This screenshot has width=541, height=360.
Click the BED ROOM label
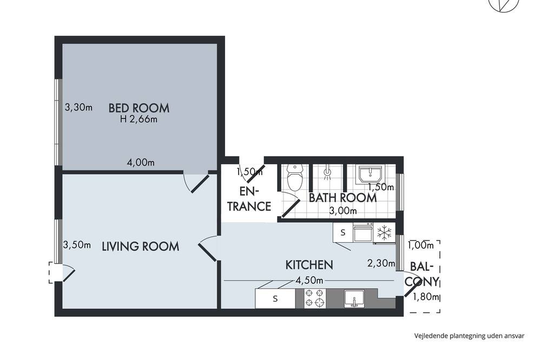[x=138, y=108]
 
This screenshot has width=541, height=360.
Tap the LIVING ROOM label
[x=141, y=246]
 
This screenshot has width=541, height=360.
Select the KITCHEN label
[x=309, y=265]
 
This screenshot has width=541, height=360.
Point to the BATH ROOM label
[x=342, y=198]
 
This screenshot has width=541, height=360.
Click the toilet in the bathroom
[x=295, y=178]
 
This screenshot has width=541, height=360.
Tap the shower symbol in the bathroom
[x=327, y=174]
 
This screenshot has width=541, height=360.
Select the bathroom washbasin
[x=370, y=175]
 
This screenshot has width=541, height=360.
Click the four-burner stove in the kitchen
[x=315, y=298]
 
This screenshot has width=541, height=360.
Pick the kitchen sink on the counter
[x=354, y=298]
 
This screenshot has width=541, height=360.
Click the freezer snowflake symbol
[x=384, y=233]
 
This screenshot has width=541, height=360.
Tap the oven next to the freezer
[x=363, y=233]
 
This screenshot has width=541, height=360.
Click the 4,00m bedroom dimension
[x=141, y=162]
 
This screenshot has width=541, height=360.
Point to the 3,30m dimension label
[x=78, y=107]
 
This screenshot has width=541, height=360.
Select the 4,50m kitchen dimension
[x=309, y=281]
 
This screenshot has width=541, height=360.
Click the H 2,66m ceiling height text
[x=138, y=119]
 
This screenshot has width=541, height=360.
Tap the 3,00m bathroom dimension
[x=342, y=211]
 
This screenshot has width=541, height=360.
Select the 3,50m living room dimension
[x=77, y=245]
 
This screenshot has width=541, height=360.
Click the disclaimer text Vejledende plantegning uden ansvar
[x=469, y=336]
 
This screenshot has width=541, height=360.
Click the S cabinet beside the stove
[x=275, y=298]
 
